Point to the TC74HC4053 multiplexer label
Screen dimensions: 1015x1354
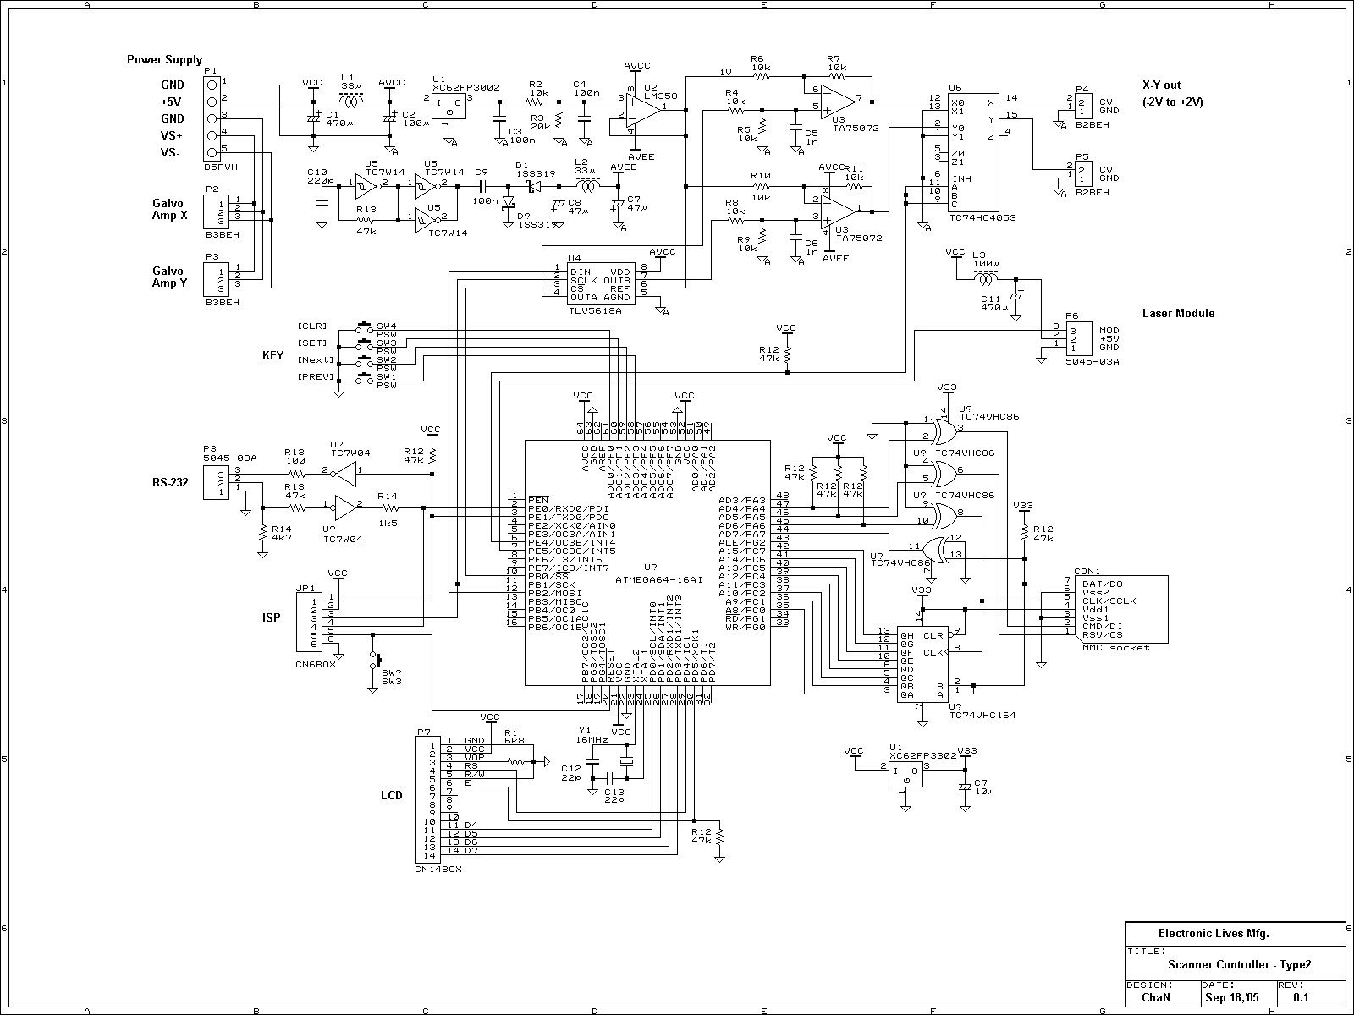[982, 218]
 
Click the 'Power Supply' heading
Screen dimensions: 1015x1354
[164, 59]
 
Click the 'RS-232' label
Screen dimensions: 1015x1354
[170, 483]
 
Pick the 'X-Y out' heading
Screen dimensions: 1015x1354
[1161, 85]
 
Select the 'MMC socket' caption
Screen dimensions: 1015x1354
[1115, 647]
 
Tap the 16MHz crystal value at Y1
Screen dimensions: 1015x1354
[592, 739]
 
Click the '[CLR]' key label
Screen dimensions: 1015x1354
[312, 326]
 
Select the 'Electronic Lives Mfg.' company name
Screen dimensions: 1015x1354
[1213, 934]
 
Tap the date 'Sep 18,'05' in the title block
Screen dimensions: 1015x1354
[1232, 998]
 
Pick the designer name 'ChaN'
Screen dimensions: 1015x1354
[1162, 998]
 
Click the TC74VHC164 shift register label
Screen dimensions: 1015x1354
[982, 715]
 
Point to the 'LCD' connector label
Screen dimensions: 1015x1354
[391, 795]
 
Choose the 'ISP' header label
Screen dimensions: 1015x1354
[272, 618]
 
